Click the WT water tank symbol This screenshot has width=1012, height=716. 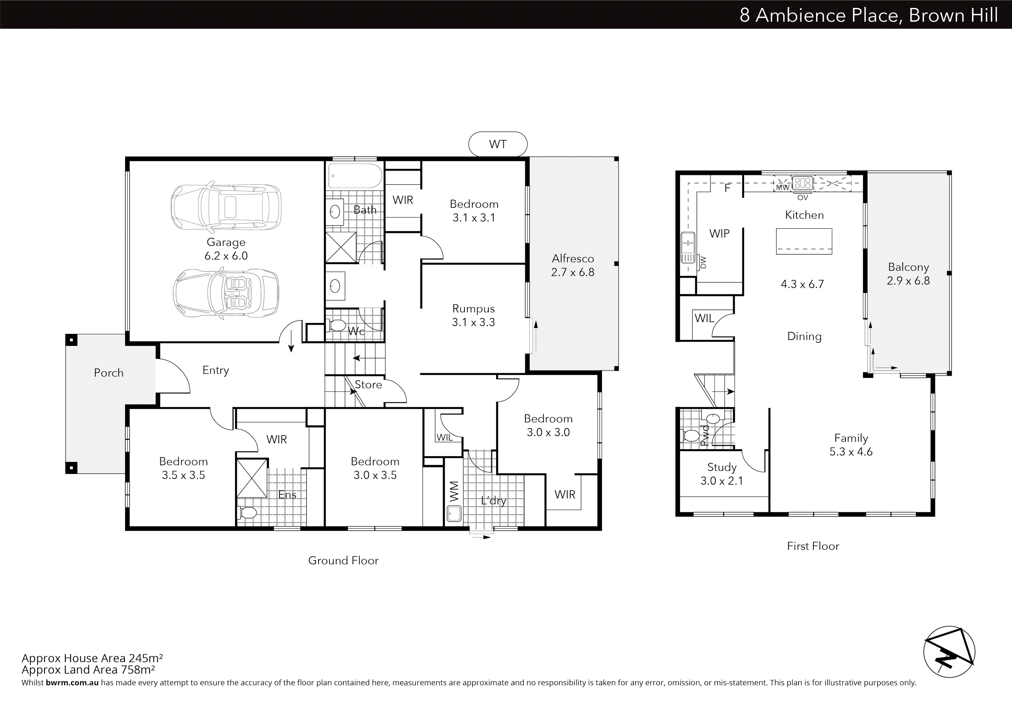498,144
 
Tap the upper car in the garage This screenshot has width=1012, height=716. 226,207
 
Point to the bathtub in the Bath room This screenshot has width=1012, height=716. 355,176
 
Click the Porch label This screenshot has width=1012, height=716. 108,373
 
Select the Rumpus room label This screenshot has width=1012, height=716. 473,309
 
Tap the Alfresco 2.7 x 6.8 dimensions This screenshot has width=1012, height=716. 573,272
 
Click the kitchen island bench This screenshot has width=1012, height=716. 804,241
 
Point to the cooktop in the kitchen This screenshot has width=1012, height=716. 803,182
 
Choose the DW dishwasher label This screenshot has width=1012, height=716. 703,262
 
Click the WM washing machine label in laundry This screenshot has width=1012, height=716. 454,491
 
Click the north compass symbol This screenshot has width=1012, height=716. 949,652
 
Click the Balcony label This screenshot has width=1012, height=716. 908,267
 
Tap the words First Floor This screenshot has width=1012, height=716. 813,546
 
